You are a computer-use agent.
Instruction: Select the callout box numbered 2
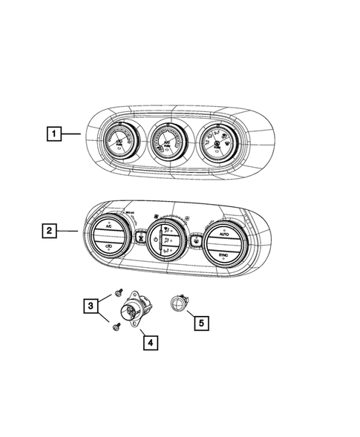(48, 231)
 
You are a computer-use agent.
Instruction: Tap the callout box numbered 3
(89, 306)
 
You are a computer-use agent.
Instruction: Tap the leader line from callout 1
(71, 134)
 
